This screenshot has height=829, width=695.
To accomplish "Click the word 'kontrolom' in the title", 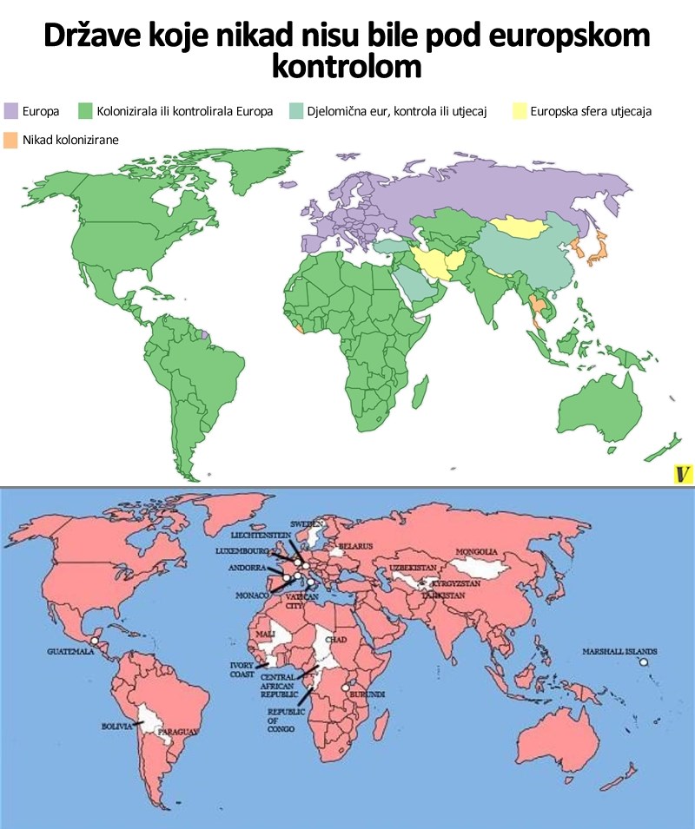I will point(347,67).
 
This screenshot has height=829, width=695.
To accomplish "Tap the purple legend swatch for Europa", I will point(11,111).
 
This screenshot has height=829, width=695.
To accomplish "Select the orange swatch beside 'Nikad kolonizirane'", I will point(11,139).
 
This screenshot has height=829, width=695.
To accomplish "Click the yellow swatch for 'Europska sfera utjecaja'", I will point(519,111).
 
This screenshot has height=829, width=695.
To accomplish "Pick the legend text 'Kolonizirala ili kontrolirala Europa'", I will point(185,111).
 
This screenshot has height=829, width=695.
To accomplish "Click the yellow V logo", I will point(683,474).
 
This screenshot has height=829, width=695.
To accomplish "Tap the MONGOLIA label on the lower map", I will point(477,552).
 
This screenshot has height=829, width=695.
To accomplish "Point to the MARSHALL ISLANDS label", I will point(620,651).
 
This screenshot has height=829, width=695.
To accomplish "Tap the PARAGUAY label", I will point(177,733).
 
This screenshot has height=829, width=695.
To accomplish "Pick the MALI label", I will point(265,635).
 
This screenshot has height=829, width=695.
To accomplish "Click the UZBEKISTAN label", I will point(411,567).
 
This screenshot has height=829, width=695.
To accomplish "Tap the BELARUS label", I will point(355,546).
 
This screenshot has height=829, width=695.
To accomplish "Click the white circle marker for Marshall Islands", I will point(645,662).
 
